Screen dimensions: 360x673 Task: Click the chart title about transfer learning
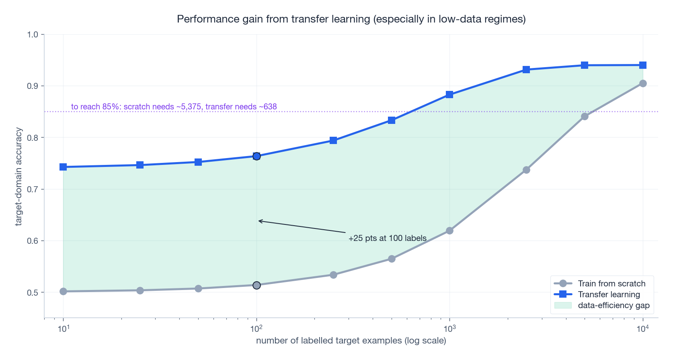click(x=351, y=19)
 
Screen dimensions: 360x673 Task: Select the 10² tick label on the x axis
click(x=256, y=329)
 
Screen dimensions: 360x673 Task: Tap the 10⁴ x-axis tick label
click(x=642, y=329)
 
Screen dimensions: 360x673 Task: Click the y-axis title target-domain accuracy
click(x=18, y=177)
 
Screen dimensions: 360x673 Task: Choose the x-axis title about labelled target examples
click(x=351, y=341)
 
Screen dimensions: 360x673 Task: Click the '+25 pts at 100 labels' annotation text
click(x=387, y=238)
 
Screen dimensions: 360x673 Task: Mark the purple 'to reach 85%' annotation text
click(x=174, y=107)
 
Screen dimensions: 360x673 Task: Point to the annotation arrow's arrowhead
click(x=259, y=221)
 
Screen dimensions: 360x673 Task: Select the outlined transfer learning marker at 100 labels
click(x=256, y=156)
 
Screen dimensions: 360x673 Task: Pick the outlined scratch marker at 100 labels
click(x=256, y=285)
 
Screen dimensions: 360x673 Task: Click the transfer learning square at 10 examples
click(x=63, y=167)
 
